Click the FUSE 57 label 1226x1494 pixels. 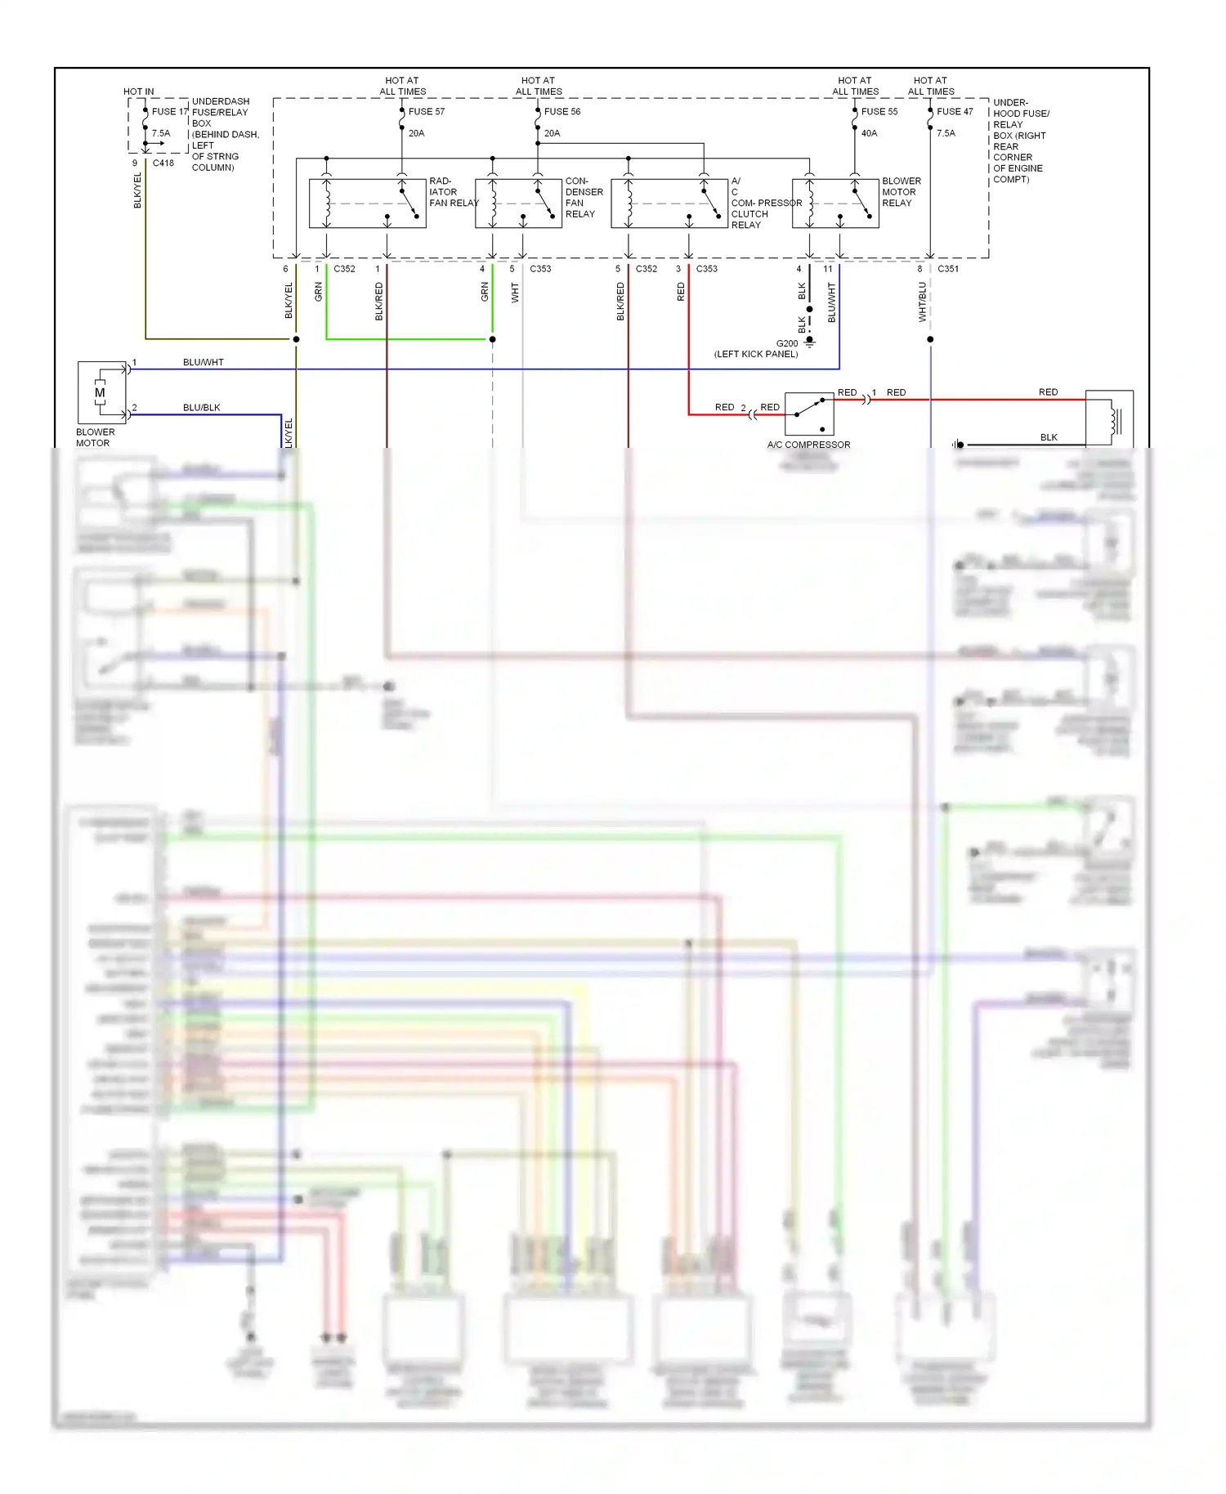427,112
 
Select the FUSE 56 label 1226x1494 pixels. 562,112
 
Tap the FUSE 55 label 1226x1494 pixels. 879,112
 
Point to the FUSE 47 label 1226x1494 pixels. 955,112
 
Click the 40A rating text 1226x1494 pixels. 869,133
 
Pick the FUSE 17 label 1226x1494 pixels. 169,112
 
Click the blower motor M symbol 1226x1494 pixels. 100,393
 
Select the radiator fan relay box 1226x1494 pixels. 367,203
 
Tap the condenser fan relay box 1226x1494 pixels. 518,203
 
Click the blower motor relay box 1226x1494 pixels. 835,203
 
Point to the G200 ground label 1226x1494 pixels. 786,344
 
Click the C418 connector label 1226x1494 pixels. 163,163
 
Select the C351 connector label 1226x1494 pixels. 948,269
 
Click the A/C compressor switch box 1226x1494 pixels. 809,414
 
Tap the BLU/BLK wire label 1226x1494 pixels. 201,408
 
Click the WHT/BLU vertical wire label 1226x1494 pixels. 922,302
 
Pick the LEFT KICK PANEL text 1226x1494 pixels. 755,355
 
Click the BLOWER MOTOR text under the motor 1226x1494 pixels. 95,438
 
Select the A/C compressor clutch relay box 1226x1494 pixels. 669,203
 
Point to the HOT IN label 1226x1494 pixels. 138,92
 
